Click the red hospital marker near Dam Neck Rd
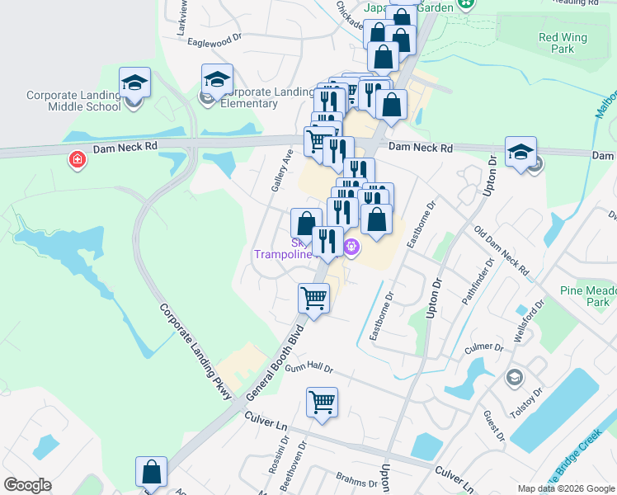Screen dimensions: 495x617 [78, 158]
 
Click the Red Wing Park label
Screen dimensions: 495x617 [562, 43]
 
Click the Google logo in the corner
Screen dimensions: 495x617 [27, 485]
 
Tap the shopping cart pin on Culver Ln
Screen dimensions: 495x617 [322, 404]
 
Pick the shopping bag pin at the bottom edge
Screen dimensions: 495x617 [152, 473]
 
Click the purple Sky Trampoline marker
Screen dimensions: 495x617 [351, 245]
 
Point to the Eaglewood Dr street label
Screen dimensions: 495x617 [214, 38]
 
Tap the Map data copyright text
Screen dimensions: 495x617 [566, 488]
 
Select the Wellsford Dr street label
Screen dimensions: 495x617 [530, 318]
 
